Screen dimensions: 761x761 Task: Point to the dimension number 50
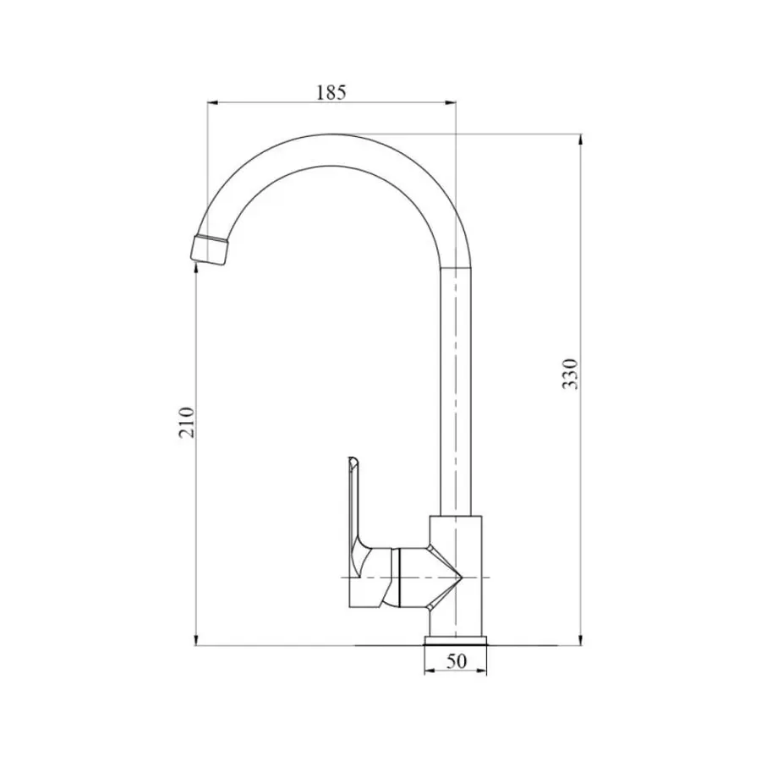(457, 662)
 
